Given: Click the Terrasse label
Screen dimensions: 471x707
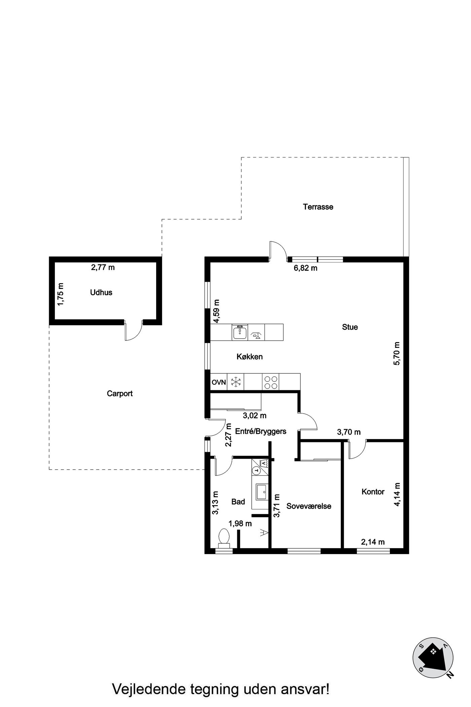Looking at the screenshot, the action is click(x=318, y=207).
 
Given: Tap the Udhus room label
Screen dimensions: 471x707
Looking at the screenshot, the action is click(x=101, y=293).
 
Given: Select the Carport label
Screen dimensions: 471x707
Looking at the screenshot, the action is click(x=120, y=394).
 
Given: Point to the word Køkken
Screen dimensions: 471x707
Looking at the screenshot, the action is click(x=250, y=357).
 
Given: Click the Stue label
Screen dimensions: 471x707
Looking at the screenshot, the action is click(x=350, y=327).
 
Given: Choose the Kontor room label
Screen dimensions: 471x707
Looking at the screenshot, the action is click(x=373, y=492).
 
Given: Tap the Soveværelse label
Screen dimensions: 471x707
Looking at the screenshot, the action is click(x=309, y=506).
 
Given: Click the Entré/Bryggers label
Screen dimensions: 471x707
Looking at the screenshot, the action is click(x=261, y=431).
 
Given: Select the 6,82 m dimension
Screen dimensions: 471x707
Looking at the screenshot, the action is click(x=305, y=268).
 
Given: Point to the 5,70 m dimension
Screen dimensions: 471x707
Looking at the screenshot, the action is click(x=397, y=353).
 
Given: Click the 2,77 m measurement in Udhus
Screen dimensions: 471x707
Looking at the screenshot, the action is click(x=103, y=268).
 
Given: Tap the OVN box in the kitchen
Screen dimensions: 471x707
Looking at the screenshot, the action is click(x=219, y=382).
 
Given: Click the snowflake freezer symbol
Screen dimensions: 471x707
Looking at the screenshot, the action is click(x=236, y=382).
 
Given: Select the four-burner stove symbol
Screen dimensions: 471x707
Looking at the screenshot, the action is click(x=271, y=382).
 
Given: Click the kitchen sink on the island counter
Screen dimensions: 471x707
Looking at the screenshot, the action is click(x=240, y=332).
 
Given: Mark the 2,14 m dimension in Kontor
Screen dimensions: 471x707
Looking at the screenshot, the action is click(x=373, y=542).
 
